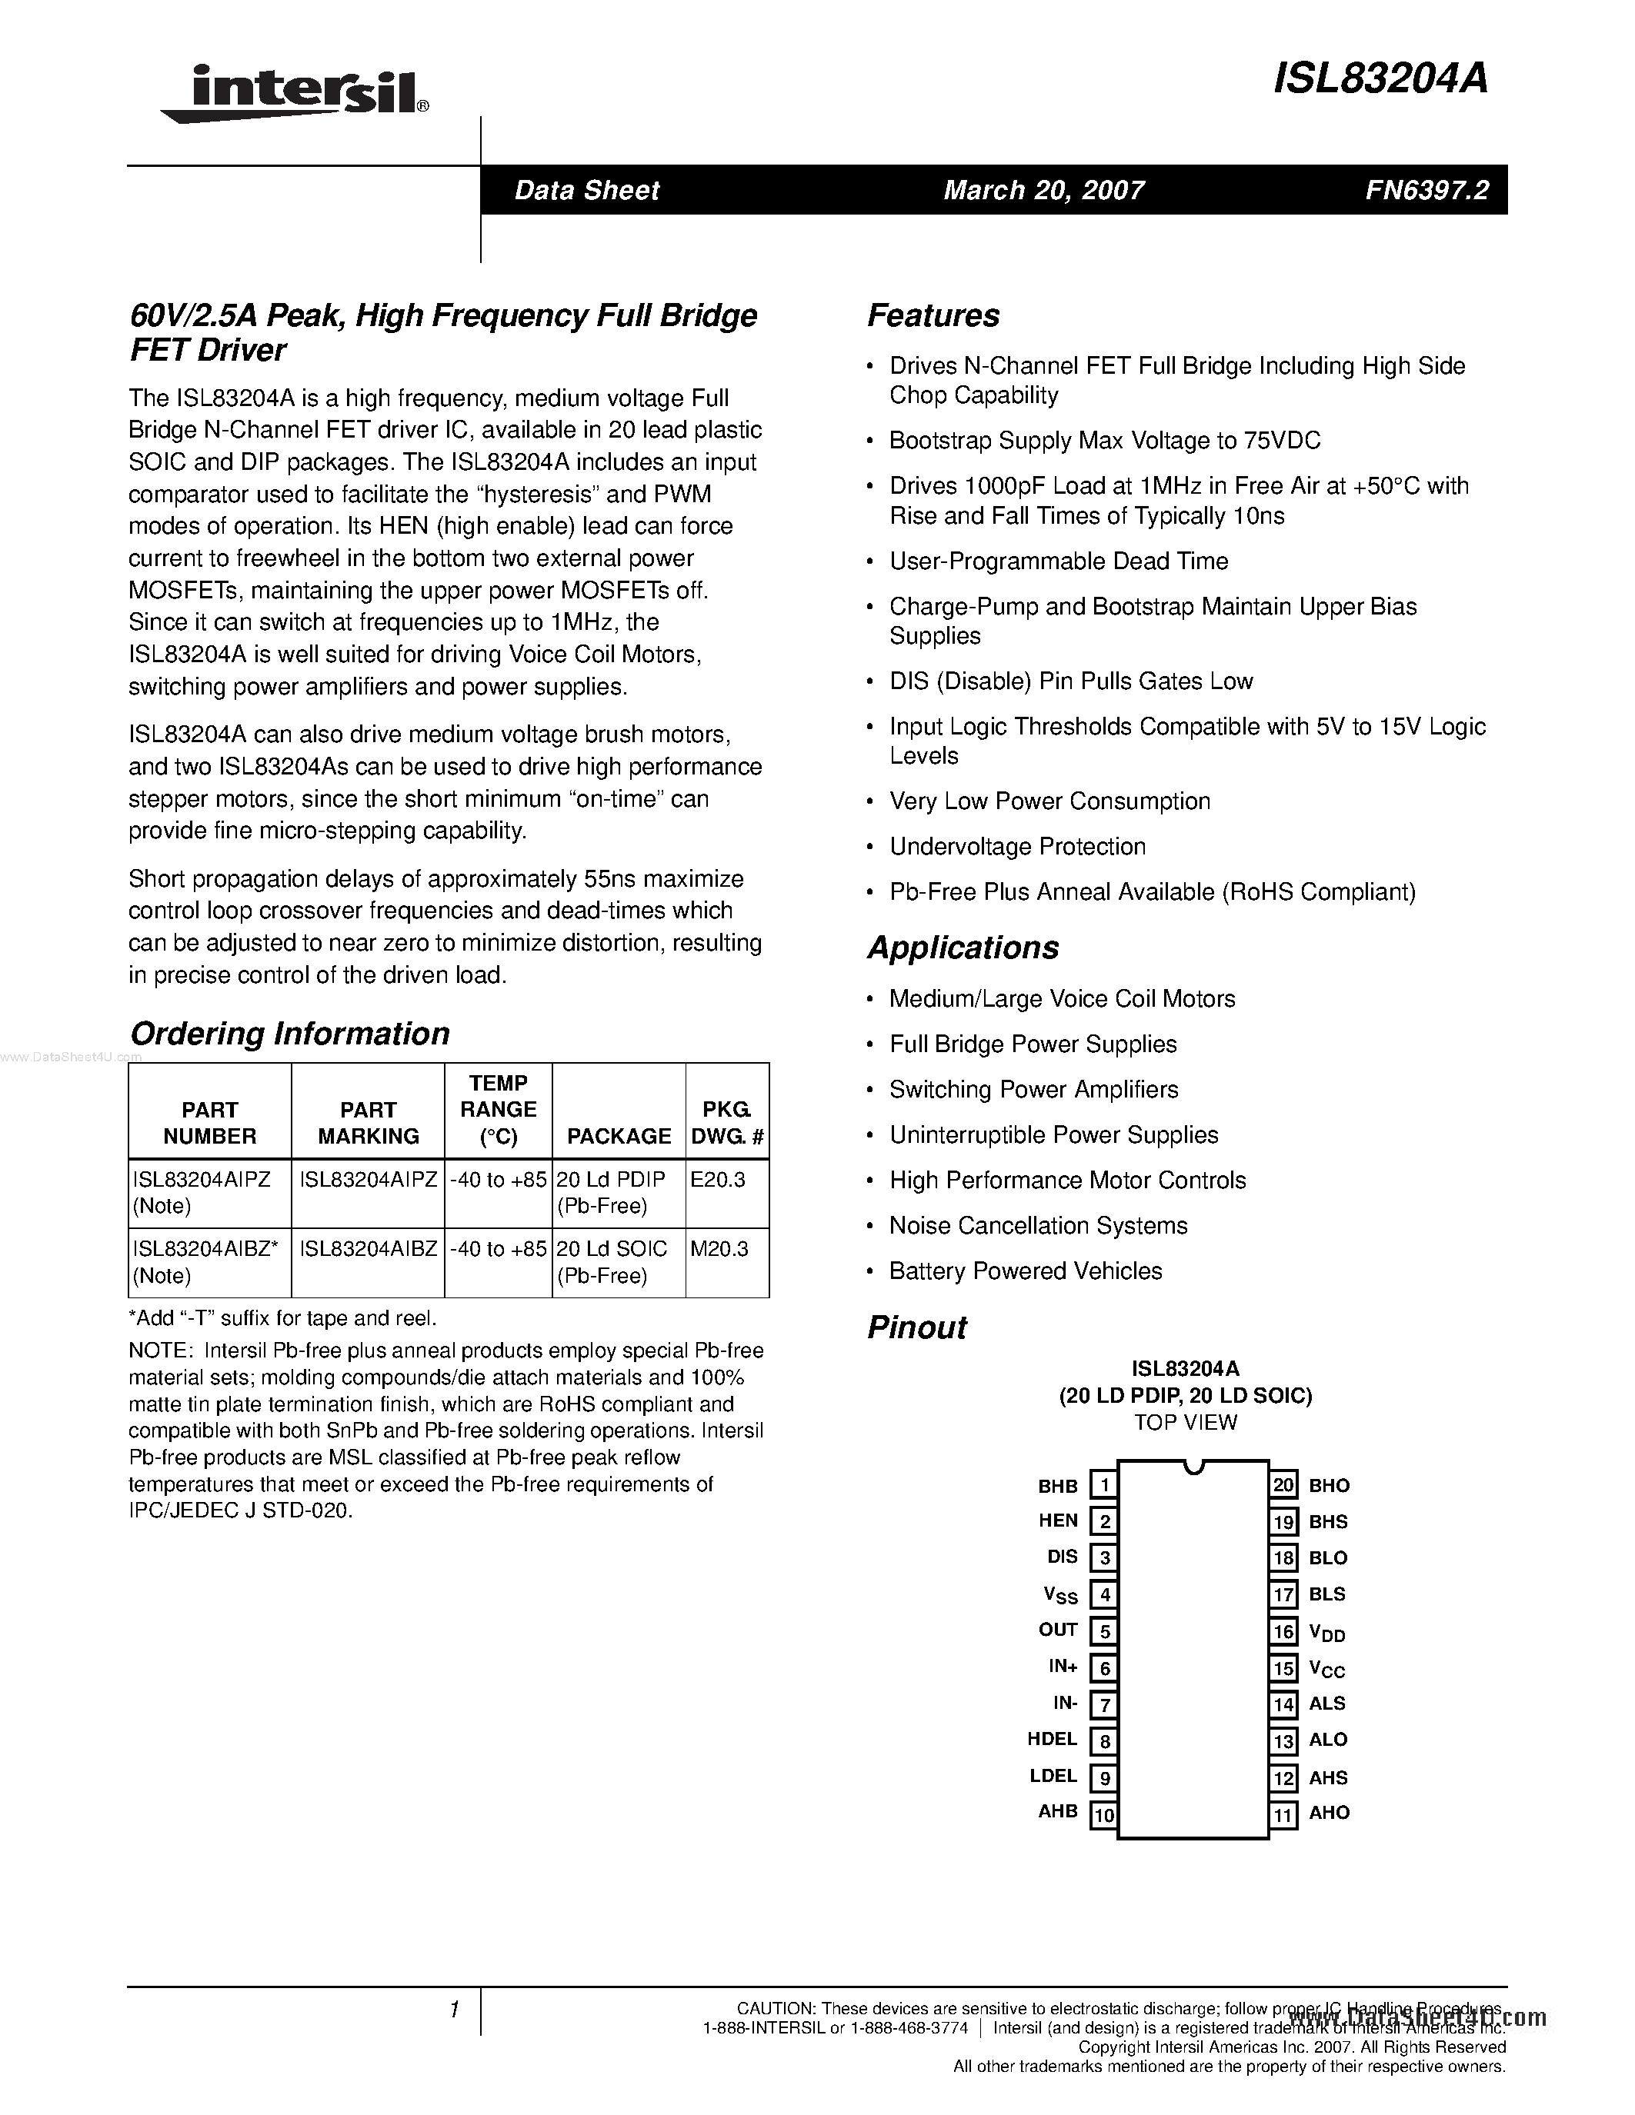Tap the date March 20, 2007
click(1043, 190)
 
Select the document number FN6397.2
click(1426, 190)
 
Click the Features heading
click(933, 315)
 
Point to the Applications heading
click(963, 947)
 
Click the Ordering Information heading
click(289, 1034)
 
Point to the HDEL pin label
click(1052, 1739)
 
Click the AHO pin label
click(1329, 1813)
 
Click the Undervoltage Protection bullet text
click(1017, 847)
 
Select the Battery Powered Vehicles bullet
click(1025, 1271)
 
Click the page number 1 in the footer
click(453, 2010)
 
